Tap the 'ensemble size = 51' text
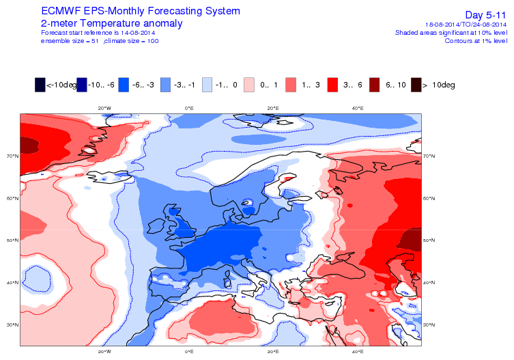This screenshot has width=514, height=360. coord(70,41)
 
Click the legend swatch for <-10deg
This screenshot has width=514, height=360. coord(40,85)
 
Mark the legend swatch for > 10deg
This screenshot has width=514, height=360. coord(416,85)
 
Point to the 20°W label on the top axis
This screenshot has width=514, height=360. coord(104,108)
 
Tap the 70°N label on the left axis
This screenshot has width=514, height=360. coord(12,156)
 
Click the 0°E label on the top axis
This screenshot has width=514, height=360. coord(189,108)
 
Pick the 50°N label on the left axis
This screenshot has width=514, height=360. coord(12,240)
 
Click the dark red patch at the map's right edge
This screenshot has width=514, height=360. coord(412,239)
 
